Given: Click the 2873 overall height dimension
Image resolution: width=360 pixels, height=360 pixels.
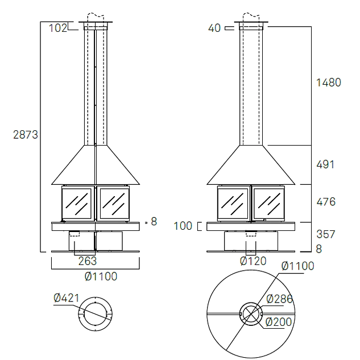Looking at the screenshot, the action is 26,135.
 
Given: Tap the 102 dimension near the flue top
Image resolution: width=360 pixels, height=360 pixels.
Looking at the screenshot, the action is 58,28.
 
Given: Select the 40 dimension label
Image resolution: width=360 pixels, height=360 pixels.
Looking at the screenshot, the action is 214,28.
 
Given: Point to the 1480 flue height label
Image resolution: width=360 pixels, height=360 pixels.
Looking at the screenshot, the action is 329,82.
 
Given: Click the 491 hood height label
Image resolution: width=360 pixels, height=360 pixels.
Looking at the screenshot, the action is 325,164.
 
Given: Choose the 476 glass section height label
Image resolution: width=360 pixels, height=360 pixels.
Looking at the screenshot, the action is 326,202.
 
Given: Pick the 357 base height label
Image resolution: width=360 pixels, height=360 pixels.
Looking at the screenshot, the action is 326,234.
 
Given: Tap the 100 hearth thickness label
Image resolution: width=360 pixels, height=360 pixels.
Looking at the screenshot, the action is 183,226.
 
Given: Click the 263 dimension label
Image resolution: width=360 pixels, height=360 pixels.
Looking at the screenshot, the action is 88,261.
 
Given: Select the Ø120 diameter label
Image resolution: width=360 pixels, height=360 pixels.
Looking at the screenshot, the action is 253,261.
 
